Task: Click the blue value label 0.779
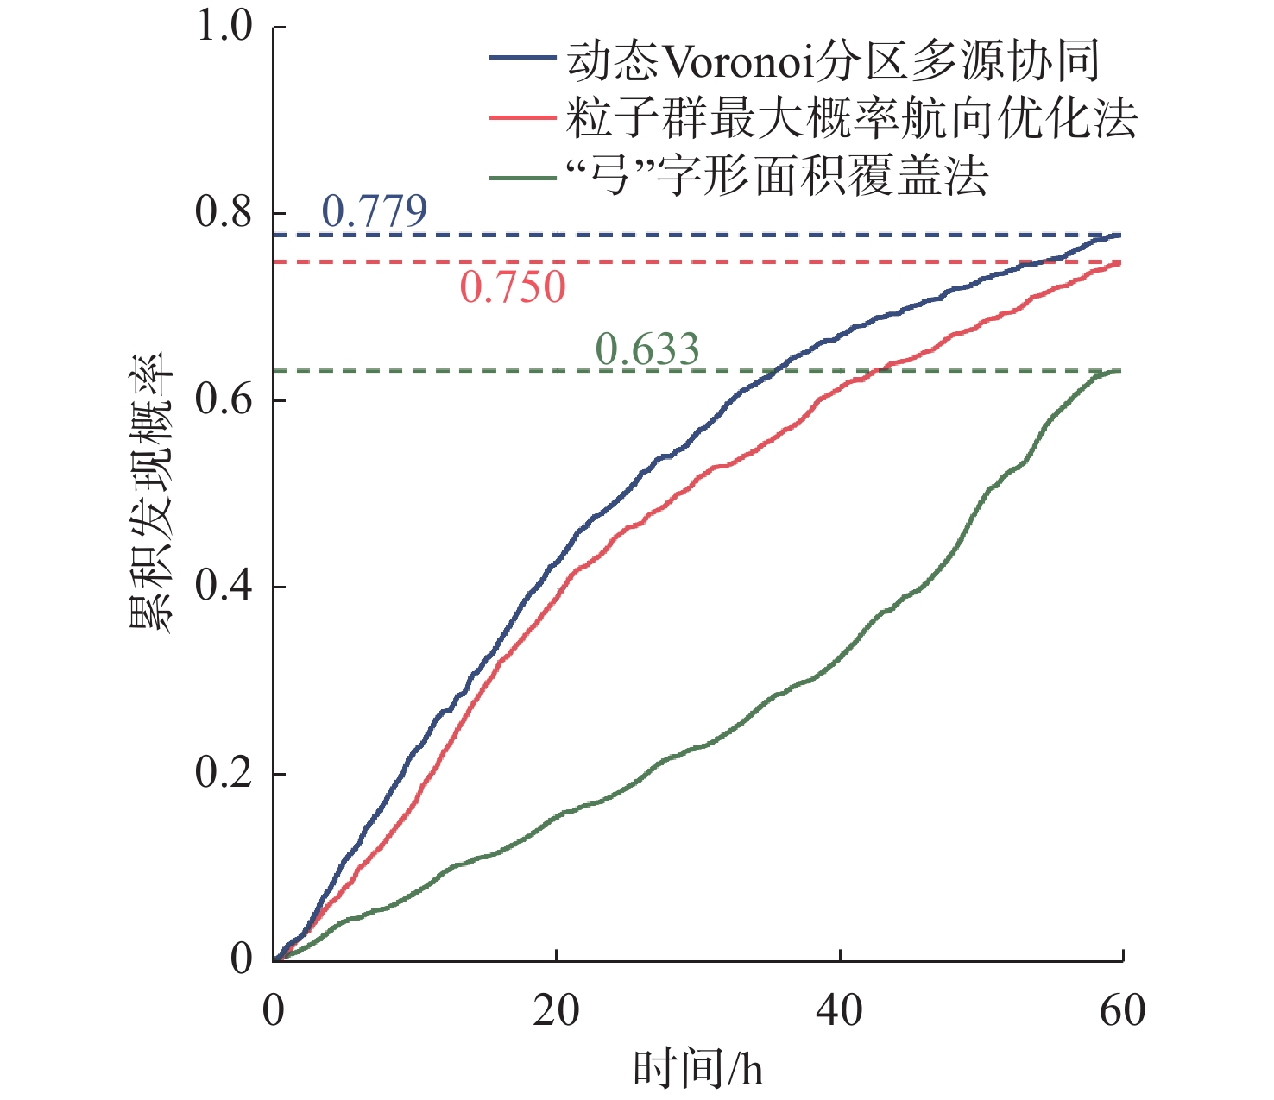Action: click(375, 211)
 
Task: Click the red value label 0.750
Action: click(513, 287)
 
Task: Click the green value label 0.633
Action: click(647, 349)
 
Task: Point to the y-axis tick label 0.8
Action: click(224, 212)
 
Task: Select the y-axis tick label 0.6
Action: click(224, 399)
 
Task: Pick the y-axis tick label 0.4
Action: click(224, 586)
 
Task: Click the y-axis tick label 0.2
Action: click(224, 772)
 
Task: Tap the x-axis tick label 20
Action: click(556, 1010)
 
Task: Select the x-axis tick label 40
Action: click(839, 1010)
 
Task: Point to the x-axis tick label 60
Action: click(1122, 1010)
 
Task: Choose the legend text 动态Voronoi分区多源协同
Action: click(833, 60)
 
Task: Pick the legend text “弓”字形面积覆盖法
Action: click(777, 176)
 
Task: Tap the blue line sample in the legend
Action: click(522, 59)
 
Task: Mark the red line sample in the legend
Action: click(522, 116)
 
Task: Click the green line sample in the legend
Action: click(522, 178)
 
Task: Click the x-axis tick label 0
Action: click(274, 1010)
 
